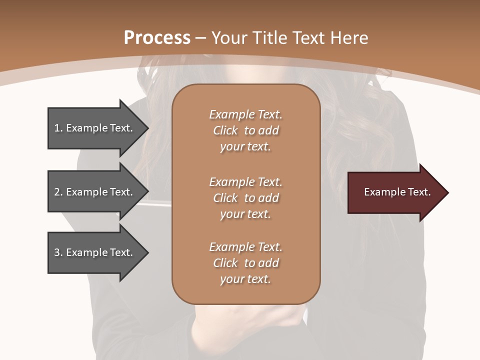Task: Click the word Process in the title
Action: tap(157, 38)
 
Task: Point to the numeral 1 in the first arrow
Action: tap(57, 128)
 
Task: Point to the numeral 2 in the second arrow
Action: tap(57, 192)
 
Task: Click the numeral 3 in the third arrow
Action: tap(57, 252)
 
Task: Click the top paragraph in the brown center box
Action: tap(245, 130)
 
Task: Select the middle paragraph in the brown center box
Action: tap(245, 198)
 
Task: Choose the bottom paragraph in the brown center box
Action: tap(245, 263)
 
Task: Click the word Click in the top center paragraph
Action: tap(225, 130)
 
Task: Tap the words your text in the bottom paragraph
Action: tap(245, 279)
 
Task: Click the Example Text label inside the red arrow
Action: tap(397, 192)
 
